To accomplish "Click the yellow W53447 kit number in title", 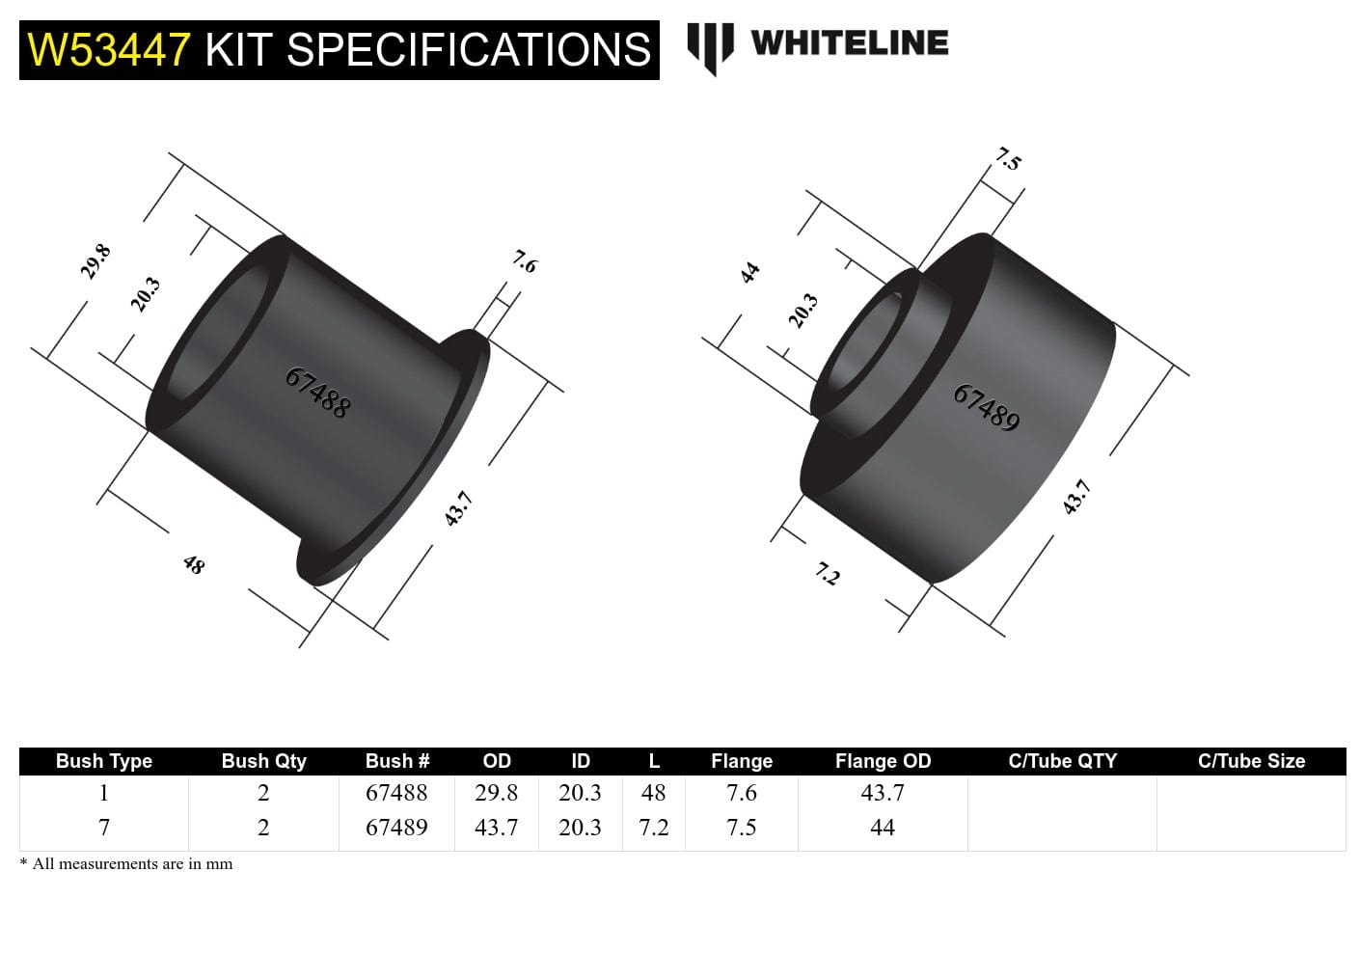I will (109, 50).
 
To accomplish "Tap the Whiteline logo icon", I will (709, 46).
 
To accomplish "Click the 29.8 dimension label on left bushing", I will (95, 261).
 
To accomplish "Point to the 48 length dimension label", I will (194, 564).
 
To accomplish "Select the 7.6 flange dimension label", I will (524, 261).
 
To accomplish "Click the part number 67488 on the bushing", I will (317, 392).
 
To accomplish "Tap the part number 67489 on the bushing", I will (986, 407).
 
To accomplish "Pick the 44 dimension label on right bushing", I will (749, 273).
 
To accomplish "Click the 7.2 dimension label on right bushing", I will (828, 575).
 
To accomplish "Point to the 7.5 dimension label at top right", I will (1008, 159).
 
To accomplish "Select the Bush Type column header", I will (104, 761).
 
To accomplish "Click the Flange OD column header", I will (883, 761).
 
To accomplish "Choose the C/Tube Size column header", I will (1251, 761).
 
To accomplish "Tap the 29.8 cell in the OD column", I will (496, 793).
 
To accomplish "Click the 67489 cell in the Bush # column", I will (396, 828).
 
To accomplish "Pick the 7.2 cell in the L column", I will (653, 828).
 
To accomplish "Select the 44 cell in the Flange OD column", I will (882, 828).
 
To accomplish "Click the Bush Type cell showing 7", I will (104, 828).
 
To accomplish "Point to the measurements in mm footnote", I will (126, 864).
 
